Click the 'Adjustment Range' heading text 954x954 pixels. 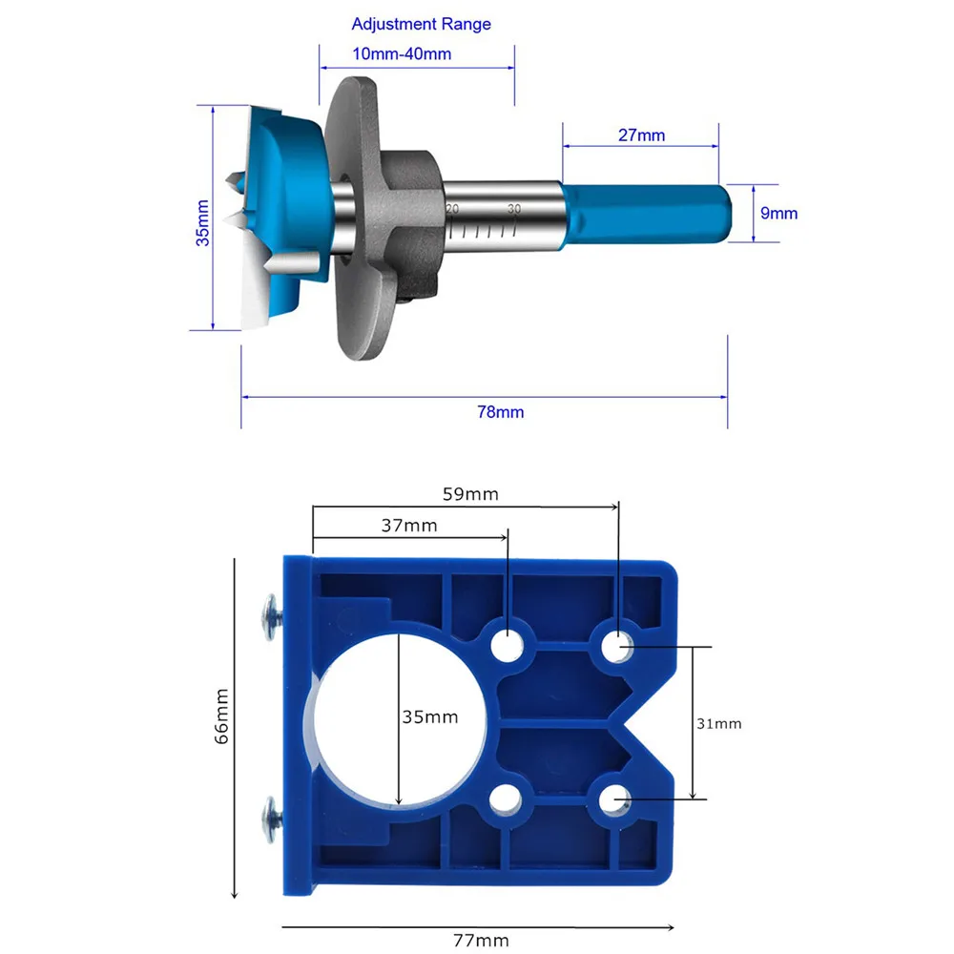pyautogui.click(x=421, y=24)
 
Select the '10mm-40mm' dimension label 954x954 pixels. pyautogui.click(x=402, y=54)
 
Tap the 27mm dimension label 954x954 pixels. pyautogui.click(x=641, y=135)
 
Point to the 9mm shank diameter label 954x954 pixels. pyautogui.click(x=778, y=214)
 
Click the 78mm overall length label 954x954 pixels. pyautogui.click(x=500, y=412)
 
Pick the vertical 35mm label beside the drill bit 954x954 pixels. pyautogui.click(x=202, y=223)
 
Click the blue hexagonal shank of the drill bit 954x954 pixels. pyautogui.click(x=649, y=214)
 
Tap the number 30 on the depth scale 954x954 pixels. pyautogui.click(x=513, y=209)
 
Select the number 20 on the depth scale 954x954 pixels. pyautogui.click(x=452, y=209)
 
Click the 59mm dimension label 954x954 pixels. pyautogui.click(x=470, y=494)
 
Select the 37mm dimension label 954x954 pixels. pyautogui.click(x=409, y=526)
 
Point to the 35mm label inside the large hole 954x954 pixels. pyautogui.click(x=429, y=716)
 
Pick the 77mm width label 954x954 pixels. pyautogui.click(x=479, y=941)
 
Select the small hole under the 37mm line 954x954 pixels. pyautogui.click(x=508, y=647)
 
